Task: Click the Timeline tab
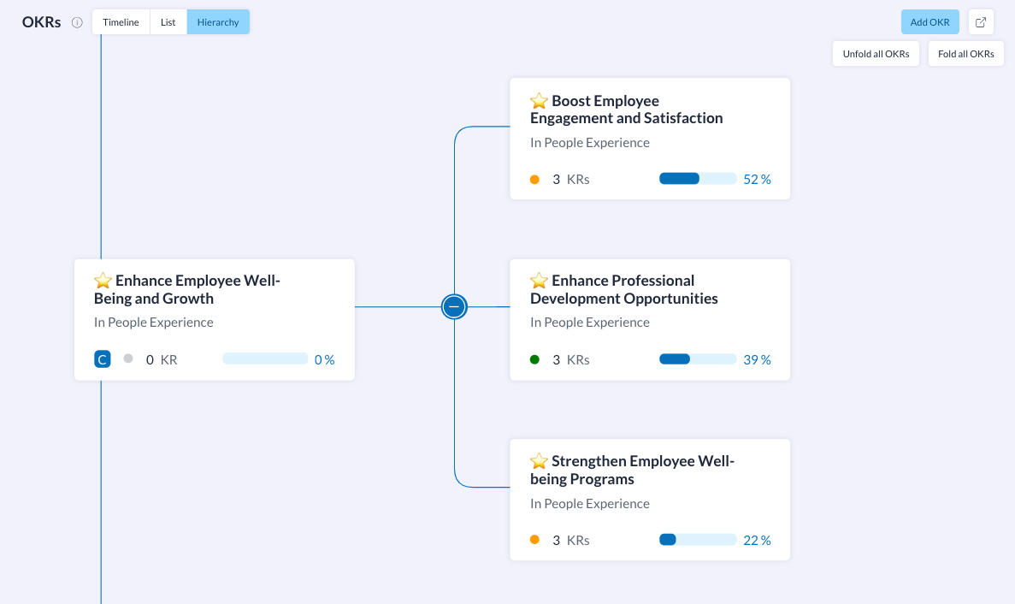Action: [x=121, y=22]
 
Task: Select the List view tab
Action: [x=168, y=22]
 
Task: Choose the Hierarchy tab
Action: [x=218, y=22]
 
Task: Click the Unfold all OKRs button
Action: [x=876, y=54]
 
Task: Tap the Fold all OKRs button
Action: [x=965, y=54]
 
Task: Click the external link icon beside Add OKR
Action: [x=981, y=22]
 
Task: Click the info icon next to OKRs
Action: [x=77, y=22]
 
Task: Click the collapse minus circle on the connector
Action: [x=454, y=307]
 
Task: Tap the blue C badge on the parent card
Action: [x=103, y=359]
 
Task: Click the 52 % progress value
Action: [x=757, y=180]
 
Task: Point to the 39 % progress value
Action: [x=757, y=360]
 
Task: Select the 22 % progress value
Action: [x=757, y=541]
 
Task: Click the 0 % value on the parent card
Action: [x=324, y=360]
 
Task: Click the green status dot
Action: [x=534, y=359]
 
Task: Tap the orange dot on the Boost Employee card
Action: [x=534, y=180]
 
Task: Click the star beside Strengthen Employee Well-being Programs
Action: [x=539, y=461]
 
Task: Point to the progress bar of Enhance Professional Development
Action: [x=698, y=359]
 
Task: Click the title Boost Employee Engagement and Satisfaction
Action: [x=626, y=110]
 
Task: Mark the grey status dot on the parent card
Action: [x=128, y=358]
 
